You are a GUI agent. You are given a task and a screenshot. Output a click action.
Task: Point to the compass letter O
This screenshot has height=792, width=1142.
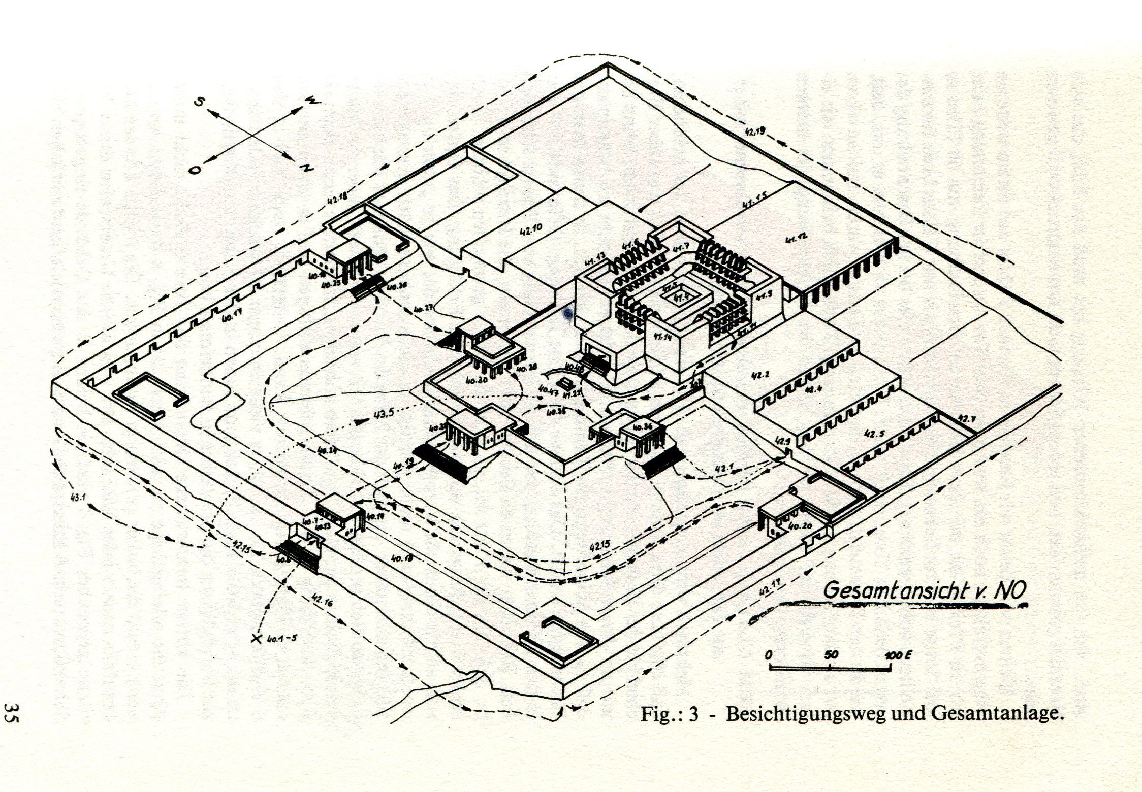coord(195,170)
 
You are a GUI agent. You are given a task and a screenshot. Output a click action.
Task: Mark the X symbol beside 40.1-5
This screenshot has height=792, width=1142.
coord(256,638)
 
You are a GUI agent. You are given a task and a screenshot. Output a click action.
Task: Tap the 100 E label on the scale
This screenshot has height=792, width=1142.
coord(898,654)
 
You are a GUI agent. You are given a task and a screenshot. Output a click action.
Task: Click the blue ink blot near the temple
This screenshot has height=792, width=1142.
coord(568,314)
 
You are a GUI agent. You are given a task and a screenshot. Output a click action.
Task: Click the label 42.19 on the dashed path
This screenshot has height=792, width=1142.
coord(755,133)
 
